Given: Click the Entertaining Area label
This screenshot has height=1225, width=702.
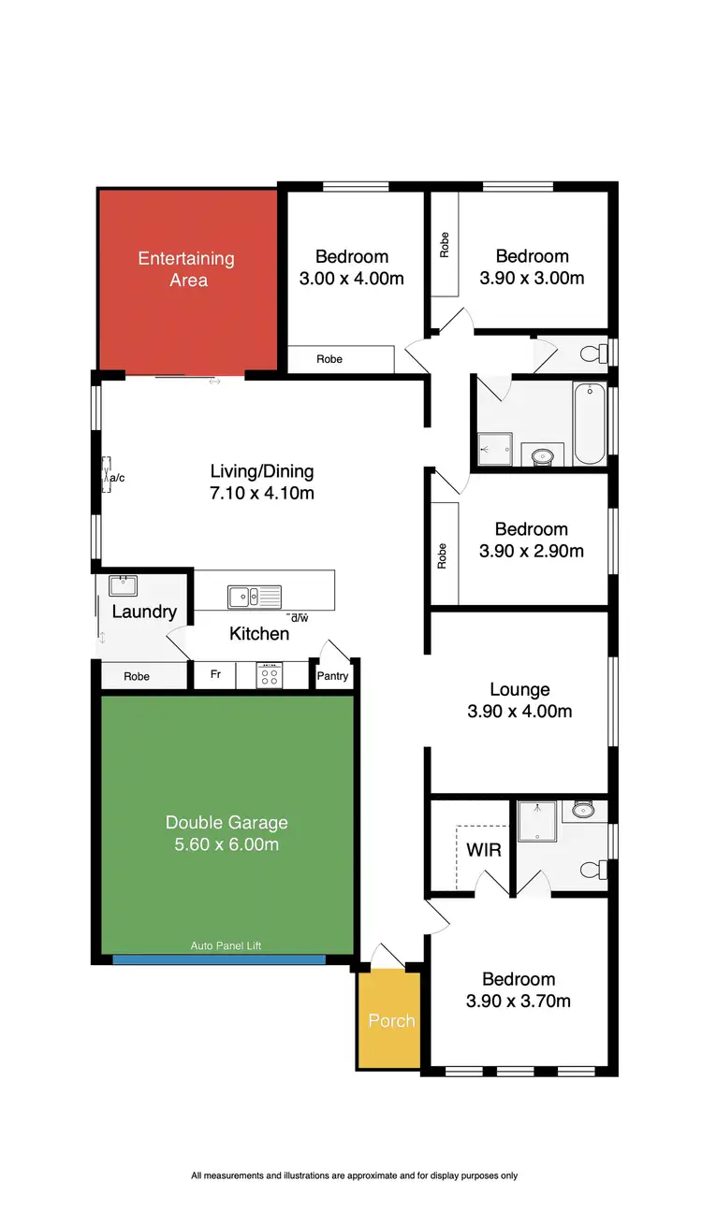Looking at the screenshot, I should (186, 269).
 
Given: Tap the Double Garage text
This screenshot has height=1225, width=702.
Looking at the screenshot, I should (227, 823).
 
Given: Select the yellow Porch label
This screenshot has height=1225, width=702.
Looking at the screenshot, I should (391, 1020).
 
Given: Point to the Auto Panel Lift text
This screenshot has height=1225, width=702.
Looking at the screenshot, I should (226, 945).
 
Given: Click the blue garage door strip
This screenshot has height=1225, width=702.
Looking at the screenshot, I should (219, 958).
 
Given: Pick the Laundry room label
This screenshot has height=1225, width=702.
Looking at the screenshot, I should (144, 612).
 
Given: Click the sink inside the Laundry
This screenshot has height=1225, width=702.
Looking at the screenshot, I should (123, 586).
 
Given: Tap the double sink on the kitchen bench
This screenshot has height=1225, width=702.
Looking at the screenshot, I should (254, 596).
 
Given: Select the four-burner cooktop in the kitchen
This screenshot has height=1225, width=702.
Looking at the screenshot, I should (270, 675).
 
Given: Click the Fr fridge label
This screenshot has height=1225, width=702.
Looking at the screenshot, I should (215, 674).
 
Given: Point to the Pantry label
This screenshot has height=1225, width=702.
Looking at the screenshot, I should (333, 676).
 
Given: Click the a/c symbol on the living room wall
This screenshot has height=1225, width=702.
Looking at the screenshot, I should (111, 478).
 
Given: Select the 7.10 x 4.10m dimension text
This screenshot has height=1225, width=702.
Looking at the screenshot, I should (262, 493).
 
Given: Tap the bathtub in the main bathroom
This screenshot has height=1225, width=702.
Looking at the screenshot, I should (590, 424).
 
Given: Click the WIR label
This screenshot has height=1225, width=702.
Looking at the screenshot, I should (484, 851).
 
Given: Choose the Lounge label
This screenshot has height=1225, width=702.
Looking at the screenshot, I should (519, 690).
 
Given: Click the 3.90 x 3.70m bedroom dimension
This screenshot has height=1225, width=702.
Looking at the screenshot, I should (519, 1001).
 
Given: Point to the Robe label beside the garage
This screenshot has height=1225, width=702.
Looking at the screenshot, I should (137, 676).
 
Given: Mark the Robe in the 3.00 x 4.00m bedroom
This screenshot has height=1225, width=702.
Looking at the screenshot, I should (329, 359).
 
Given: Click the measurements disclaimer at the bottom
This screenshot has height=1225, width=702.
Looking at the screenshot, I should (354, 1175).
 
